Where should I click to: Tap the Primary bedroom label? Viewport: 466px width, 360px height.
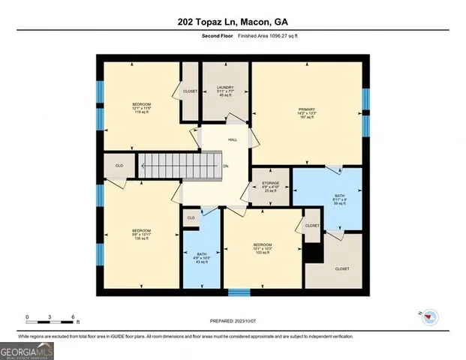coord(308,112)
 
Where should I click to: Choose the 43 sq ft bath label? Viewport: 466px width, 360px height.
coord(200,257)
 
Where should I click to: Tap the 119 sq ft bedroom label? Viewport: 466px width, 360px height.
coord(142,107)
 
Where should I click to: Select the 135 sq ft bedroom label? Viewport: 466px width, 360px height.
coord(142,234)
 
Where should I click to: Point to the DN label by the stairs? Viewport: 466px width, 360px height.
coord(225,166)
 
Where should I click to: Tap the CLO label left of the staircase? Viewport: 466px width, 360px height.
coord(119,166)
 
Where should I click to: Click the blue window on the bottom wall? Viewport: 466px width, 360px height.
coord(239,292)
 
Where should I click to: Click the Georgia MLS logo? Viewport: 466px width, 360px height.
coord(27,349)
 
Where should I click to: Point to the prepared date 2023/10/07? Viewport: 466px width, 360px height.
coord(233,320)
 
